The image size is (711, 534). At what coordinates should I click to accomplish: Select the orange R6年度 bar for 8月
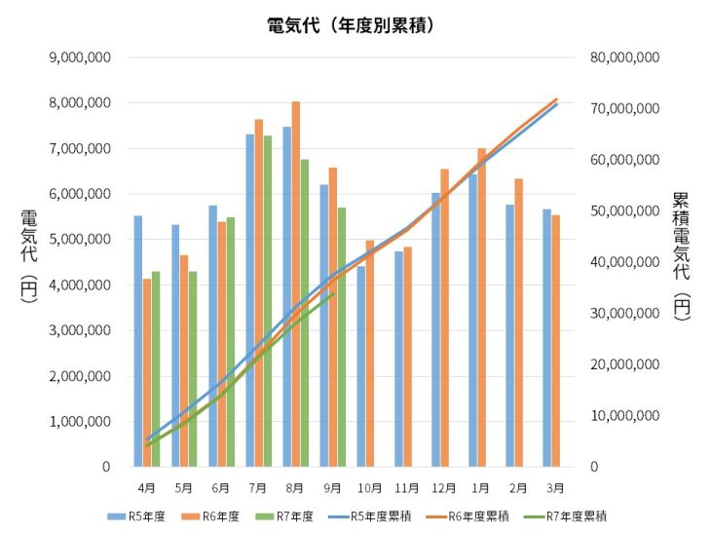pos(296,284)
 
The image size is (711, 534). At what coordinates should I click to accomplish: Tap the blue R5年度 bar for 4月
pos(137,341)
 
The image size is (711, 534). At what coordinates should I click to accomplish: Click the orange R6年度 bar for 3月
pos(556,341)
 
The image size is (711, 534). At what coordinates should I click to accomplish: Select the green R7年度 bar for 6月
pos(231,342)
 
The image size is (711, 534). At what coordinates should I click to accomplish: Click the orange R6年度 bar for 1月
pos(481,307)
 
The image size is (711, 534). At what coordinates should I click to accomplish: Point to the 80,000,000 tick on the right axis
pos(625,57)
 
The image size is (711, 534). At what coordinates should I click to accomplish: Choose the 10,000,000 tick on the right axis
pos(625,416)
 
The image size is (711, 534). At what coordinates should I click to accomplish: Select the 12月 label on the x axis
pos(444,487)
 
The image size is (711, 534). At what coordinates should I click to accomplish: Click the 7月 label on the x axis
pos(258,487)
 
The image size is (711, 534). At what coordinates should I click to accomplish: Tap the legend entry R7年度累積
pos(578,516)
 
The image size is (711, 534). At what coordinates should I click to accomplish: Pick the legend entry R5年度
pos(136,516)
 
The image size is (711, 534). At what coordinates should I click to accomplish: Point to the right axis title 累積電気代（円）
pos(681,255)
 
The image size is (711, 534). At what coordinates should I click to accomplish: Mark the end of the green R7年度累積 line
pos(333,293)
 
